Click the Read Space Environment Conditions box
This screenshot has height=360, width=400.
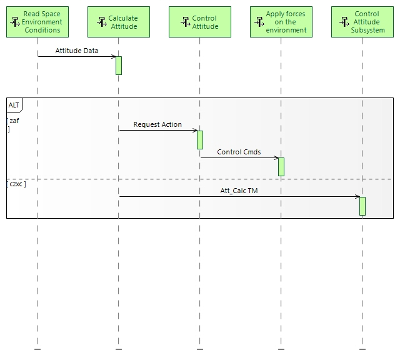pyautogui.click(x=37, y=22)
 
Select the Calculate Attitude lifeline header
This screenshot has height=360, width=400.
pyautogui.click(x=119, y=22)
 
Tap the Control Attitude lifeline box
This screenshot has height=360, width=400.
pyautogui.click(x=200, y=22)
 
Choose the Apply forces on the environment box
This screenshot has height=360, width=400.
pyautogui.click(x=281, y=22)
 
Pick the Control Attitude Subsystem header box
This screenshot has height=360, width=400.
pyautogui.click(x=362, y=22)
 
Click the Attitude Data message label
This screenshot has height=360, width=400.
pyautogui.click(x=76, y=51)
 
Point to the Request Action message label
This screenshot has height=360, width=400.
pyautogui.click(x=157, y=124)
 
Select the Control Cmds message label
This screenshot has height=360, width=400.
pyautogui.click(x=239, y=152)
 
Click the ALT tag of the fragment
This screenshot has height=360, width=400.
pyautogui.click(x=14, y=104)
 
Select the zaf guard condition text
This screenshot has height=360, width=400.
pyautogui.click(x=14, y=121)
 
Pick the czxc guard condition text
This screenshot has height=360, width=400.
pyautogui.click(x=16, y=185)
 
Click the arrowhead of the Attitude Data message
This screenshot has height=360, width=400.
pyautogui.click(x=114, y=57)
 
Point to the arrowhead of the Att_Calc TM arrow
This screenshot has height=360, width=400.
pyautogui.click(x=357, y=197)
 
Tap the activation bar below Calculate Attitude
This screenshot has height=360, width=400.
pyautogui.click(x=119, y=66)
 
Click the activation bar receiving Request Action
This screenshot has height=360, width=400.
pyautogui.click(x=200, y=139)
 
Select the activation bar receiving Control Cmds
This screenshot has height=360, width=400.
pyautogui.click(x=281, y=166)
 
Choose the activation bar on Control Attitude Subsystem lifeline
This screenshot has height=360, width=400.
pyautogui.click(x=362, y=206)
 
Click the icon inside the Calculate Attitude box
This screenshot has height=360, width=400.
pyautogui.click(x=102, y=22)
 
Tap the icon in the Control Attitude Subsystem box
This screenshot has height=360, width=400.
pyautogui.click(x=344, y=22)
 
